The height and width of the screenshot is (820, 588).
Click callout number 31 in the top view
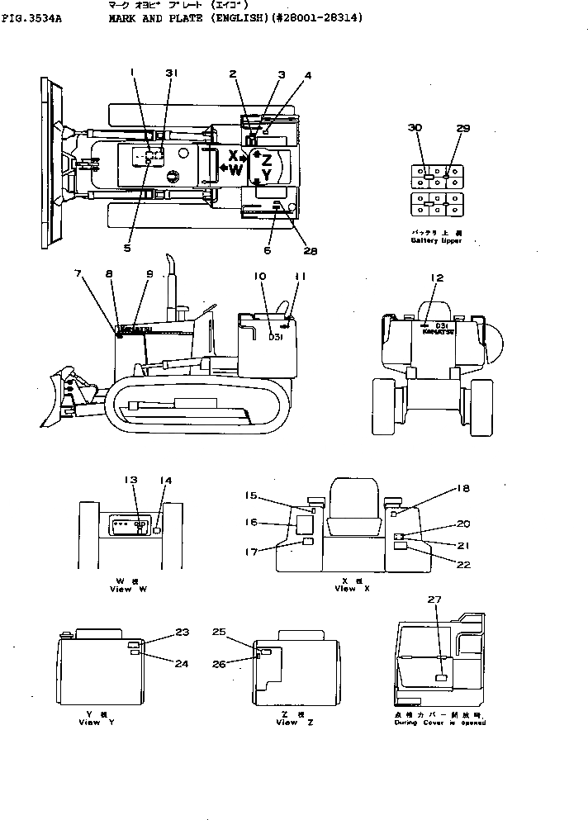coord(171,73)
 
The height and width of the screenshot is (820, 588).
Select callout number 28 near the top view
coord(310,251)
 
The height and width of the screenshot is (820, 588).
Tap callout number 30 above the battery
coord(415,127)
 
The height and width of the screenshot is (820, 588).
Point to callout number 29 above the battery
coord(462,127)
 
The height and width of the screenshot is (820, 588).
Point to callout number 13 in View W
coord(130,480)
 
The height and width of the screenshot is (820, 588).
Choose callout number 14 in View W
coord(166,480)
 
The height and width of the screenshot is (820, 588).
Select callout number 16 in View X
coord(252,522)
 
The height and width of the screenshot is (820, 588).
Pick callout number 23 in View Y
coord(183,632)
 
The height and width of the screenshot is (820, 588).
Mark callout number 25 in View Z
coord(219,632)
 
